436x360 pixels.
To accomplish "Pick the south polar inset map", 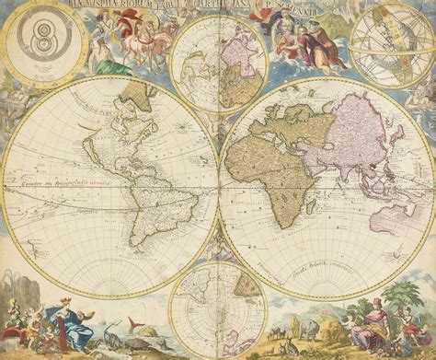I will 219,308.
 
